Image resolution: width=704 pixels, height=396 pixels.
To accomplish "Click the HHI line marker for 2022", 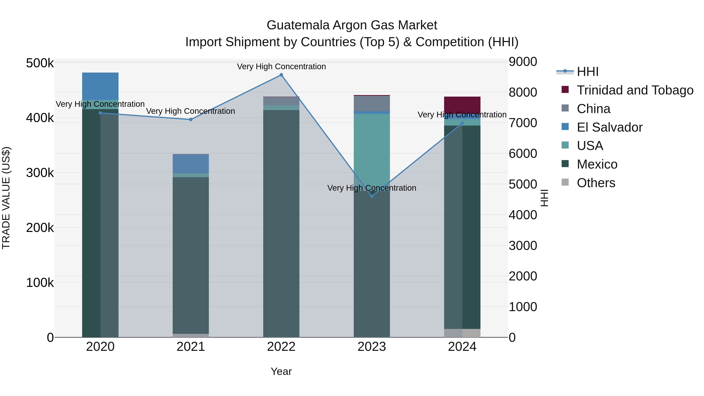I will pos(281,75).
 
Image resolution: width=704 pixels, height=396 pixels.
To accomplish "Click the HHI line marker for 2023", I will pos(372,196).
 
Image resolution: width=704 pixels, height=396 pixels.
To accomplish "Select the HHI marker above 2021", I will pos(191,119).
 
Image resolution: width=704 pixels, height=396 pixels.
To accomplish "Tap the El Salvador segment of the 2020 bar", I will pos(100,86).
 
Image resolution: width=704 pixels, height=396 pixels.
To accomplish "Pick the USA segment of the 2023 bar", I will pos(372,150).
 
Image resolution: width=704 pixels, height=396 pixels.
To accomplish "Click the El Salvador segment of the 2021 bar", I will pos(191,164).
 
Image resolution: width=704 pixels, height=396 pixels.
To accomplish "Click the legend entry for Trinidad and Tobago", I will pos(635,90).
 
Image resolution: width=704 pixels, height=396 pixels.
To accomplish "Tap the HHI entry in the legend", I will pos(588,72).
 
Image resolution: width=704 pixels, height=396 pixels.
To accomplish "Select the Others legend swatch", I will pos(565,182).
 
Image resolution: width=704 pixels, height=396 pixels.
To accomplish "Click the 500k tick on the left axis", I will pos(40,63).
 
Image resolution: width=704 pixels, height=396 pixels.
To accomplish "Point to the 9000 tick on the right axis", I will pos(523,62).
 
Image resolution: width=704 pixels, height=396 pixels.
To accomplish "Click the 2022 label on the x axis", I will pos(281,347).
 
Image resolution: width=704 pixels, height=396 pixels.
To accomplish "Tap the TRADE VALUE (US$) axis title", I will pos(6,198).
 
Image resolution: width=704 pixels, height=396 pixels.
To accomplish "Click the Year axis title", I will pos(281,371).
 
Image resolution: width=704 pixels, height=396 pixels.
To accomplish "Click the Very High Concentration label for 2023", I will pos(372,188).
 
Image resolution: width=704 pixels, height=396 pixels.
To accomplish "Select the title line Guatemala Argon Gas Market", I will pos(352,25).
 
